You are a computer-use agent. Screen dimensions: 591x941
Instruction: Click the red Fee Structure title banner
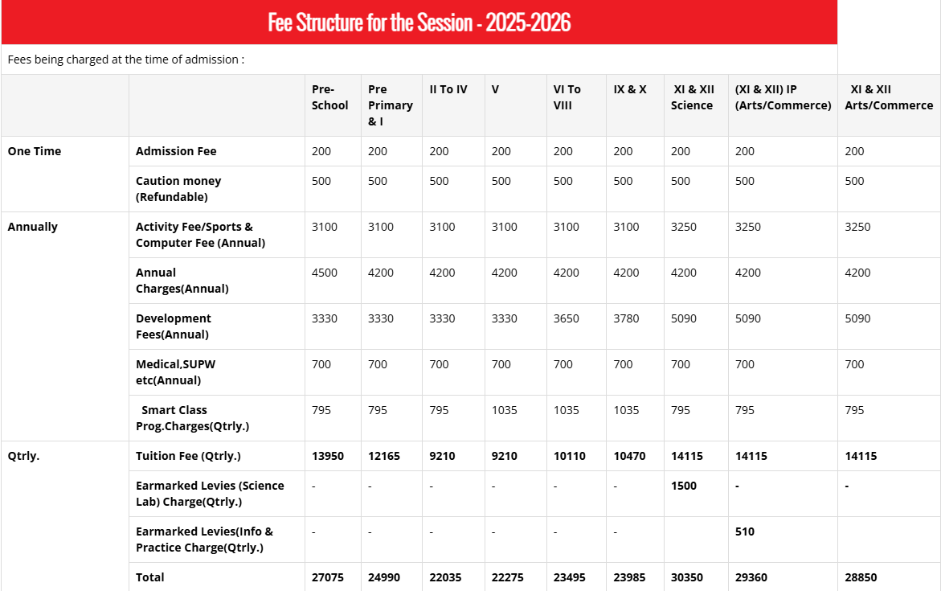(x=419, y=22)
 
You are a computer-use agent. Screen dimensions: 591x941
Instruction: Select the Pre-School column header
(x=329, y=97)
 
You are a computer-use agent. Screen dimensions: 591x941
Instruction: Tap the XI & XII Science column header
(x=692, y=97)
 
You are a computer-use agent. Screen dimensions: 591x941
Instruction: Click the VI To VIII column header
(x=567, y=97)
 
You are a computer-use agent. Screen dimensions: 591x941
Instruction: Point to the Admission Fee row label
(x=176, y=151)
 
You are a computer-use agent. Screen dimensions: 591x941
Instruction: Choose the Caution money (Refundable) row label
(x=178, y=189)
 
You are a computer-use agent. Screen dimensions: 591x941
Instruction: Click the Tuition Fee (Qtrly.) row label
(x=188, y=456)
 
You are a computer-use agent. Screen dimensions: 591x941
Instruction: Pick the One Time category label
(x=35, y=151)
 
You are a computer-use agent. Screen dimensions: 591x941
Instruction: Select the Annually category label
(x=33, y=227)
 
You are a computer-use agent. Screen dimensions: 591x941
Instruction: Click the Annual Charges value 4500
(x=325, y=273)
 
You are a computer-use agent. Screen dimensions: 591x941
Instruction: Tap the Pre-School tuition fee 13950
(x=328, y=456)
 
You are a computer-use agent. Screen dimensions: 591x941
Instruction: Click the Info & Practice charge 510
(x=745, y=531)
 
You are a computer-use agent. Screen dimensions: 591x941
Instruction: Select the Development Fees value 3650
(x=567, y=318)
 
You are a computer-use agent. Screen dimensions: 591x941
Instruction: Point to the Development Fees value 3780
(x=626, y=318)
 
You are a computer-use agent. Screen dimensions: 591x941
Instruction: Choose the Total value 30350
(x=687, y=577)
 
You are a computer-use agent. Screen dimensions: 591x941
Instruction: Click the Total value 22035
(x=445, y=577)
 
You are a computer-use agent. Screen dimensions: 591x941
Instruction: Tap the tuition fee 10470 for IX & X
(x=629, y=456)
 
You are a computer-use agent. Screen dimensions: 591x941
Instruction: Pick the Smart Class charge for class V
(x=505, y=410)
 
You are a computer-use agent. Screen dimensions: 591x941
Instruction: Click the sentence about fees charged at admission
(x=126, y=60)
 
